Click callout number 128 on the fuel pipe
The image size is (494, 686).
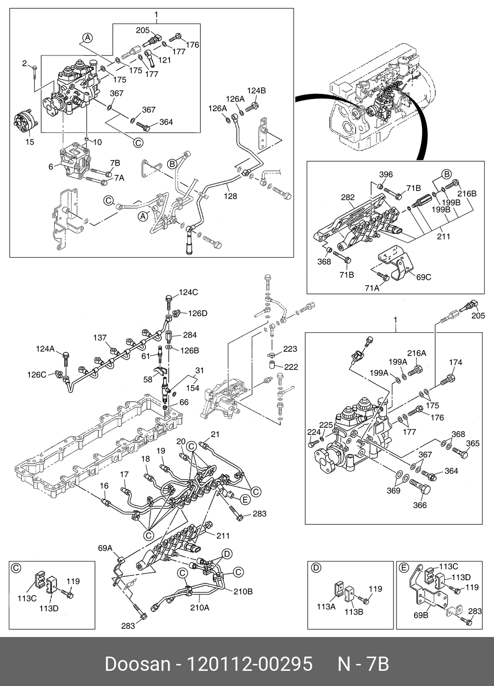pyautogui.click(x=230, y=196)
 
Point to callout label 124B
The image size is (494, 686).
pyautogui.click(x=256, y=91)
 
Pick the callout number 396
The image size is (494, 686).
pyautogui.click(x=386, y=174)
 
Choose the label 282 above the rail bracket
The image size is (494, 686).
pyautogui.click(x=347, y=197)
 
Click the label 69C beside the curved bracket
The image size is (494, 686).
pyautogui.click(x=423, y=277)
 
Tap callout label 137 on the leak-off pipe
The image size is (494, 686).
pyautogui.click(x=100, y=338)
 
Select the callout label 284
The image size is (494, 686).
pyautogui.click(x=190, y=335)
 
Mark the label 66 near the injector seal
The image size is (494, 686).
pyautogui.click(x=184, y=402)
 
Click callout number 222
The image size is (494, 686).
pyautogui.click(x=291, y=367)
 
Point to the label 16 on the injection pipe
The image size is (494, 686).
pyautogui.click(x=104, y=486)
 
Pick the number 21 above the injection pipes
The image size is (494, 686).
pyautogui.click(x=215, y=434)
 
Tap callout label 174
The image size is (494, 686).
pyautogui.click(x=455, y=362)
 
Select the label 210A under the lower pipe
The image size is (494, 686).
pyautogui.click(x=199, y=607)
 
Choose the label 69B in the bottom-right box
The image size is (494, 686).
pyautogui.click(x=421, y=614)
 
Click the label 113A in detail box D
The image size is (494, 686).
pyautogui.click(x=326, y=607)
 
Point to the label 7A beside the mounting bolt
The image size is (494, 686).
pyautogui.click(x=120, y=177)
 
